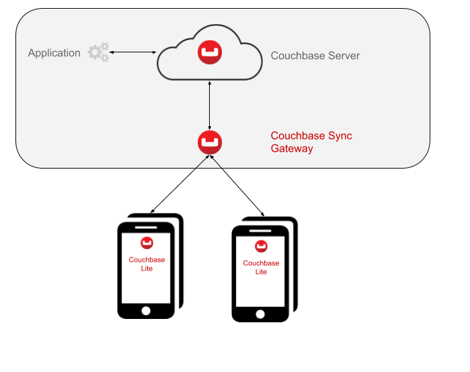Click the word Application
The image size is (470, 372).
pyautogui.click(x=54, y=53)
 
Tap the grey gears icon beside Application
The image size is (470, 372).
pyautogui.click(x=98, y=52)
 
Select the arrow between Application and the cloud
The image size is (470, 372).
pyautogui.click(x=133, y=52)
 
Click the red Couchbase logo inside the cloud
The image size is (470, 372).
pyautogui.click(x=210, y=53)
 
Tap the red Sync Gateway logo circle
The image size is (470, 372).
pyautogui.click(x=210, y=142)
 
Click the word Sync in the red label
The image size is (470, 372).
pyautogui.click(x=340, y=136)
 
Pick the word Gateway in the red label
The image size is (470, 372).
pyautogui.click(x=292, y=149)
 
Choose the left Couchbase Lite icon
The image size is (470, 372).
pyautogui.click(x=147, y=243)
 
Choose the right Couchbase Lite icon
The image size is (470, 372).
pyautogui.click(x=261, y=246)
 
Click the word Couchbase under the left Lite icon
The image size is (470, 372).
pyautogui.click(x=147, y=260)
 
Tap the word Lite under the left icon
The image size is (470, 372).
pyautogui.click(x=147, y=269)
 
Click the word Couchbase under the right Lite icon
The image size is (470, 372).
pyautogui.click(x=261, y=263)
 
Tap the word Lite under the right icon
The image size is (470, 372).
pyautogui.click(x=261, y=272)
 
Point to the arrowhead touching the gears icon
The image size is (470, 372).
pyautogui.click(x=112, y=52)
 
